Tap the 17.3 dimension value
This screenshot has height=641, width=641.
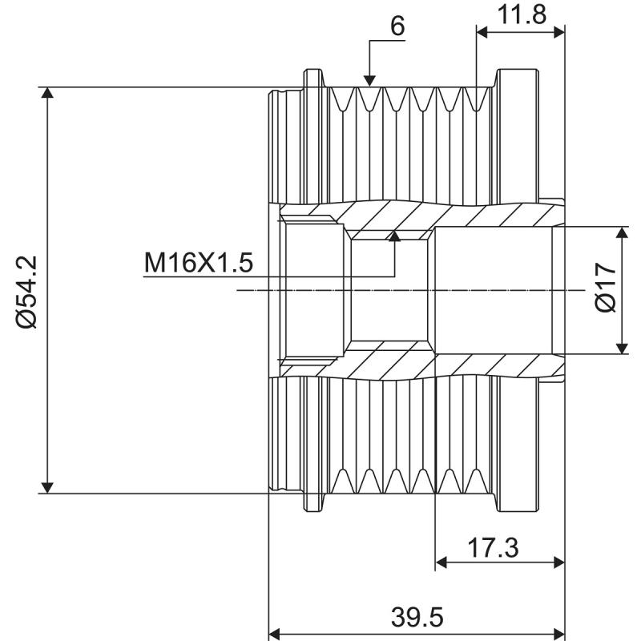(492, 548)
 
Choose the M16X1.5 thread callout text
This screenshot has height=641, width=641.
(199, 262)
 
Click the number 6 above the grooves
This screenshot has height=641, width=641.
(397, 26)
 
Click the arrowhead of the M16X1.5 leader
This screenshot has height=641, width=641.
(393, 236)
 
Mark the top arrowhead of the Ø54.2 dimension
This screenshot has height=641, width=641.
(48, 93)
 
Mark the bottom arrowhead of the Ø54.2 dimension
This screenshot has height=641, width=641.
(48, 486)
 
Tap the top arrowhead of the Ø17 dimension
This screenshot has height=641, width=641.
(622, 233)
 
